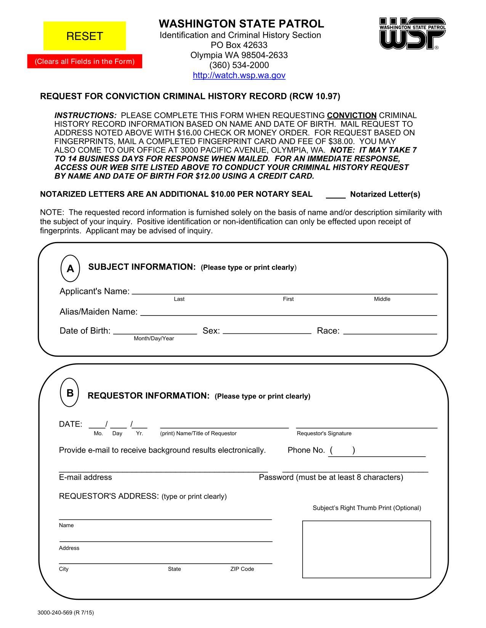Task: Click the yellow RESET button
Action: (x=85, y=36)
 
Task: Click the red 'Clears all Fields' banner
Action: (x=85, y=61)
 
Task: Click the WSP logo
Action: (x=412, y=33)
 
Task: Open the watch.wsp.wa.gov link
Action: (x=239, y=75)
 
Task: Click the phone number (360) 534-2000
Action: (x=239, y=65)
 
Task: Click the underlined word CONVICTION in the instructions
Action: (x=351, y=115)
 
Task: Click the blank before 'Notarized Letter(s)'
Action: (x=335, y=195)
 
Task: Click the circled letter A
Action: (x=71, y=269)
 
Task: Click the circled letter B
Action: (x=70, y=393)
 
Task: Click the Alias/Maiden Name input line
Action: (x=289, y=312)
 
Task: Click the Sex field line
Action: (x=267, y=331)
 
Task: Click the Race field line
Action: (x=390, y=331)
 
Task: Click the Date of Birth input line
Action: (x=155, y=331)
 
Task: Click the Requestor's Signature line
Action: (x=366, y=425)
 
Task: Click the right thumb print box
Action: (x=366, y=549)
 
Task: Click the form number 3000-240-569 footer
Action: (x=66, y=612)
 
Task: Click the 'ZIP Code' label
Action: (x=242, y=569)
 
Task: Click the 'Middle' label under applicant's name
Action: (x=382, y=299)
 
